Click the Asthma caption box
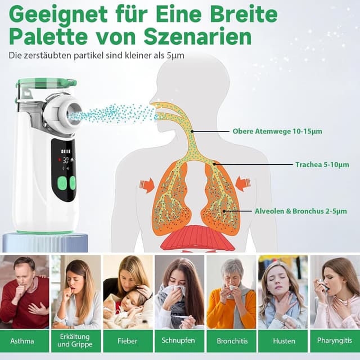coord(22,341)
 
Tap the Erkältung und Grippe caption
coord(75,341)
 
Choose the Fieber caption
coord(128,341)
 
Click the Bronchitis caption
coord(231,341)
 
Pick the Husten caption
coord(283,341)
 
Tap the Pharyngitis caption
coord(335,341)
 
